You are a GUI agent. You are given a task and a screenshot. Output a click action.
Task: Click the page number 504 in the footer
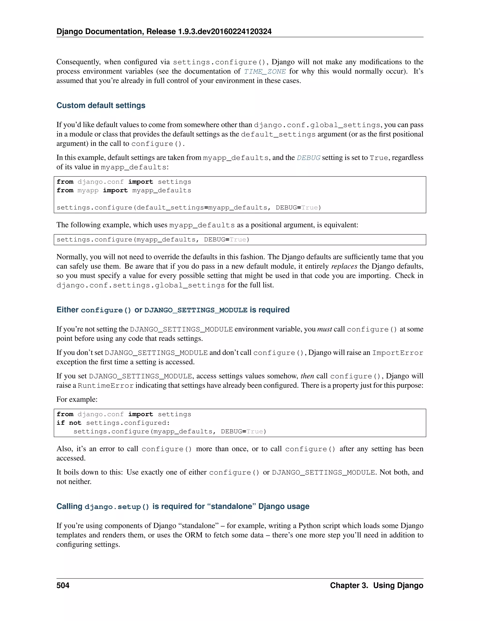click(63, 585)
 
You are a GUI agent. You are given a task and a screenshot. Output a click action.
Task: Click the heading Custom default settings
click(101, 105)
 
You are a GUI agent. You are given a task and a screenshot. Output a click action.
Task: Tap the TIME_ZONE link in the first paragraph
click(265, 71)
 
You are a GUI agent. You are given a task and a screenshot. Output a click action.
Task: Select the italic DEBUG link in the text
click(308, 158)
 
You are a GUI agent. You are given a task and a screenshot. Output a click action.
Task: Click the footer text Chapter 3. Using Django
click(376, 585)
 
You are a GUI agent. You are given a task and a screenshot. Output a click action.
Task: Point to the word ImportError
click(397, 353)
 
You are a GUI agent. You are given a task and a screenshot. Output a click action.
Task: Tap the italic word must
click(324, 329)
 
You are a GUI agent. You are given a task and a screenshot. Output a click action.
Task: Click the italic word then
click(307, 376)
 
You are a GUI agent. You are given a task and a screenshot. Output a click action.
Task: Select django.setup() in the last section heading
click(117, 507)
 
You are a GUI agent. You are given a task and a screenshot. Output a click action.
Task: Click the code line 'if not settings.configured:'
click(113, 423)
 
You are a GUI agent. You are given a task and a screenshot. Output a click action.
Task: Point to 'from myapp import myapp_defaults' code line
click(124, 191)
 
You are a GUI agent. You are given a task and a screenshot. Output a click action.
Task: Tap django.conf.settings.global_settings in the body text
click(140, 285)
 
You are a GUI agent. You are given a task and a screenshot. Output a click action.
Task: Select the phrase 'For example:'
click(77, 400)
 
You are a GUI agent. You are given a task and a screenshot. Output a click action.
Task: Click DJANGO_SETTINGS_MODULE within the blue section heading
click(196, 310)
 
